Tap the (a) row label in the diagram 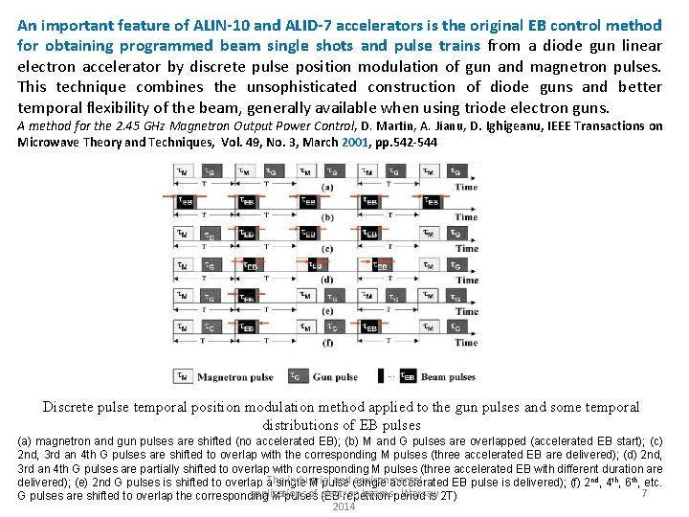(327, 187)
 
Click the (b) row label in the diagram (327, 217)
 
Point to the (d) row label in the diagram (327, 280)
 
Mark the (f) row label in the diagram (327, 342)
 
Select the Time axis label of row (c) (466, 249)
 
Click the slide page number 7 (645, 492)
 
